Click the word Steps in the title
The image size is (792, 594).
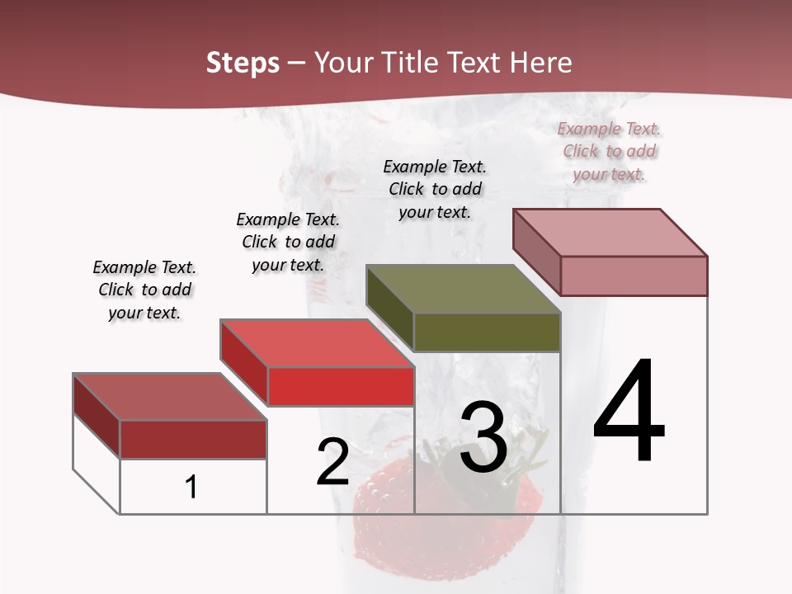pyautogui.click(x=243, y=63)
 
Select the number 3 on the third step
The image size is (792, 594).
pyautogui.click(x=483, y=437)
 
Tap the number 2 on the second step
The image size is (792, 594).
pyautogui.click(x=332, y=463)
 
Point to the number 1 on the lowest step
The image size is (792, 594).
pyautogui.click(x=191, y=488)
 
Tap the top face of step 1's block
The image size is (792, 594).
pyautogui.click(x=170, y=397)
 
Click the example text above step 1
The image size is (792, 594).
pyautogui.click(x=144, y=290)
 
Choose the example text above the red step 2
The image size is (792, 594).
pyautogui.click(x=288, y=242)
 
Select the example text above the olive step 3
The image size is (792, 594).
pyautogui.click(x=435, y=189)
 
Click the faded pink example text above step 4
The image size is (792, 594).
pyautogui.click(x=609, y=151)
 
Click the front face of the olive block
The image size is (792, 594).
pyautogui.click(x=487, y=332)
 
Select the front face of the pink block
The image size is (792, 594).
pyautogui.click(x=634, y=276)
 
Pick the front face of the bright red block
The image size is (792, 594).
pyautogui.click(x=340, y=386)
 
